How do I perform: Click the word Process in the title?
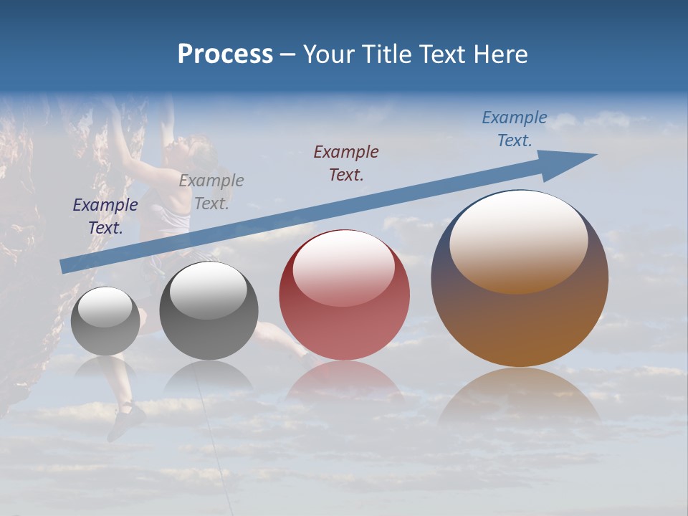click(x=225, y=54)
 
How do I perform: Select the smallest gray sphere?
click(x=105, y=321)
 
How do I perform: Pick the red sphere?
click(x=344, y=295)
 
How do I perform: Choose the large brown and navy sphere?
click(x=520, y=279)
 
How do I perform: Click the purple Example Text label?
click(x=105, y=216)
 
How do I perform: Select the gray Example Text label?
click(x=211, y=192)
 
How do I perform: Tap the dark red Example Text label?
click(x=346, y=163)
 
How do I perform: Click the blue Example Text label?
click(x=515, y=129)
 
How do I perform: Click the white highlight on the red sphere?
click(x=344, y=267)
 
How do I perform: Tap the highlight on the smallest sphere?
click(x=105, y=307)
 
